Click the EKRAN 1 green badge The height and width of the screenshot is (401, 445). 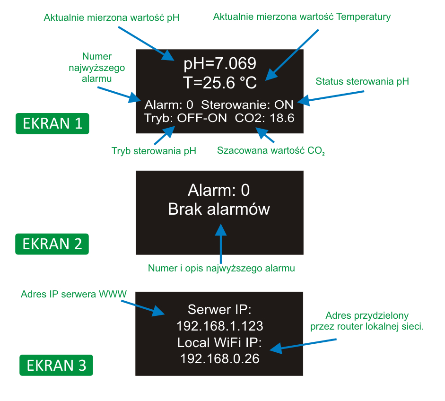[x=52, y=123]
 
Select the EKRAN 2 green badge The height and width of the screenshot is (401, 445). [x=52, y=244]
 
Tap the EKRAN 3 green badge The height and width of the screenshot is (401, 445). [x=56, y=366]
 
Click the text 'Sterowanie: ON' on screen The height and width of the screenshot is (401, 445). [x=247, y=105]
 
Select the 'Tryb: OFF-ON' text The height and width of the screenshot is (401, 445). [x=186, y=118]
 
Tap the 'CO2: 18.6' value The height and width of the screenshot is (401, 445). [x=265, y=118]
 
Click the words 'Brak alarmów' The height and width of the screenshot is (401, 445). [x=219, y=209]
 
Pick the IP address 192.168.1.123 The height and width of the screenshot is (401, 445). [x=219, y=326]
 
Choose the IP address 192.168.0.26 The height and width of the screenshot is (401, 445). [x=219, y=358]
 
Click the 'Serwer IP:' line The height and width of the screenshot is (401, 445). [x=219, y=310]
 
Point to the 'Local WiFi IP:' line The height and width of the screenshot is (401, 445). [x=219, y=342]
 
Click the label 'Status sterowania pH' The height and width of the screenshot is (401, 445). [x=362, y=81]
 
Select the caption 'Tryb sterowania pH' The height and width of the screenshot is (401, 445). [x=154, y=151]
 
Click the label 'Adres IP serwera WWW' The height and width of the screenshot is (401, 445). [x=74, y=294]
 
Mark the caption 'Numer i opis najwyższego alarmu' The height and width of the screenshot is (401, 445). [x=221, y=269]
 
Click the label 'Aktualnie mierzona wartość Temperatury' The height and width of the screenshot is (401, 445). [x=302, y=17]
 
